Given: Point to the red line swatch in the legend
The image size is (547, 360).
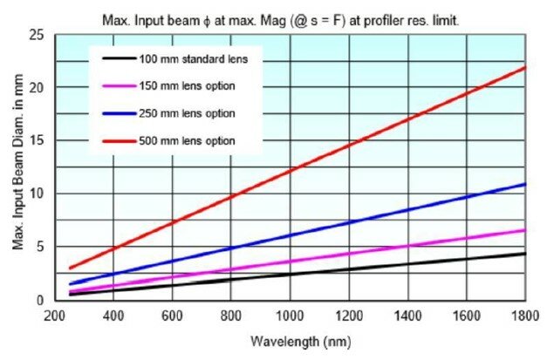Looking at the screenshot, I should click(x=115, y=140).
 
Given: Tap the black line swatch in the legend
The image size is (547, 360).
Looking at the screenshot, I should click(x=115, y=60).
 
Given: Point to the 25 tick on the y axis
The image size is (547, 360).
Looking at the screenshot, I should click(x=38, y=34).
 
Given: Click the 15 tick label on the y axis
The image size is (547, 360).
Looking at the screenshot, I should click(x=38, y=141).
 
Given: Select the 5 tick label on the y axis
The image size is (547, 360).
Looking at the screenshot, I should click(x=41, y=248).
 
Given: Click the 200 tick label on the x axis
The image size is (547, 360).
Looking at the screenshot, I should click(x=55, y=315).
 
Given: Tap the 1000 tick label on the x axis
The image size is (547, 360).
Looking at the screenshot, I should click(x=290, y=315).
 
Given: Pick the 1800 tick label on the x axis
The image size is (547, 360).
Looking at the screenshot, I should click(x=524, y=315).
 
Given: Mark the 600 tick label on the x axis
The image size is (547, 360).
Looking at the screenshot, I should click(x=172, y=315).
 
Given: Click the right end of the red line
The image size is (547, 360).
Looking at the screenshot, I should click(x=524, y=67).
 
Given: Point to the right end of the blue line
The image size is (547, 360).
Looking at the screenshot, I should click(x=524, y=184).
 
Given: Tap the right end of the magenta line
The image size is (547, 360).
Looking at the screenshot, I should click(x=524, y=230).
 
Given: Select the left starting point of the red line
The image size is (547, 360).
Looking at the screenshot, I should click(x=70, y=268).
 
